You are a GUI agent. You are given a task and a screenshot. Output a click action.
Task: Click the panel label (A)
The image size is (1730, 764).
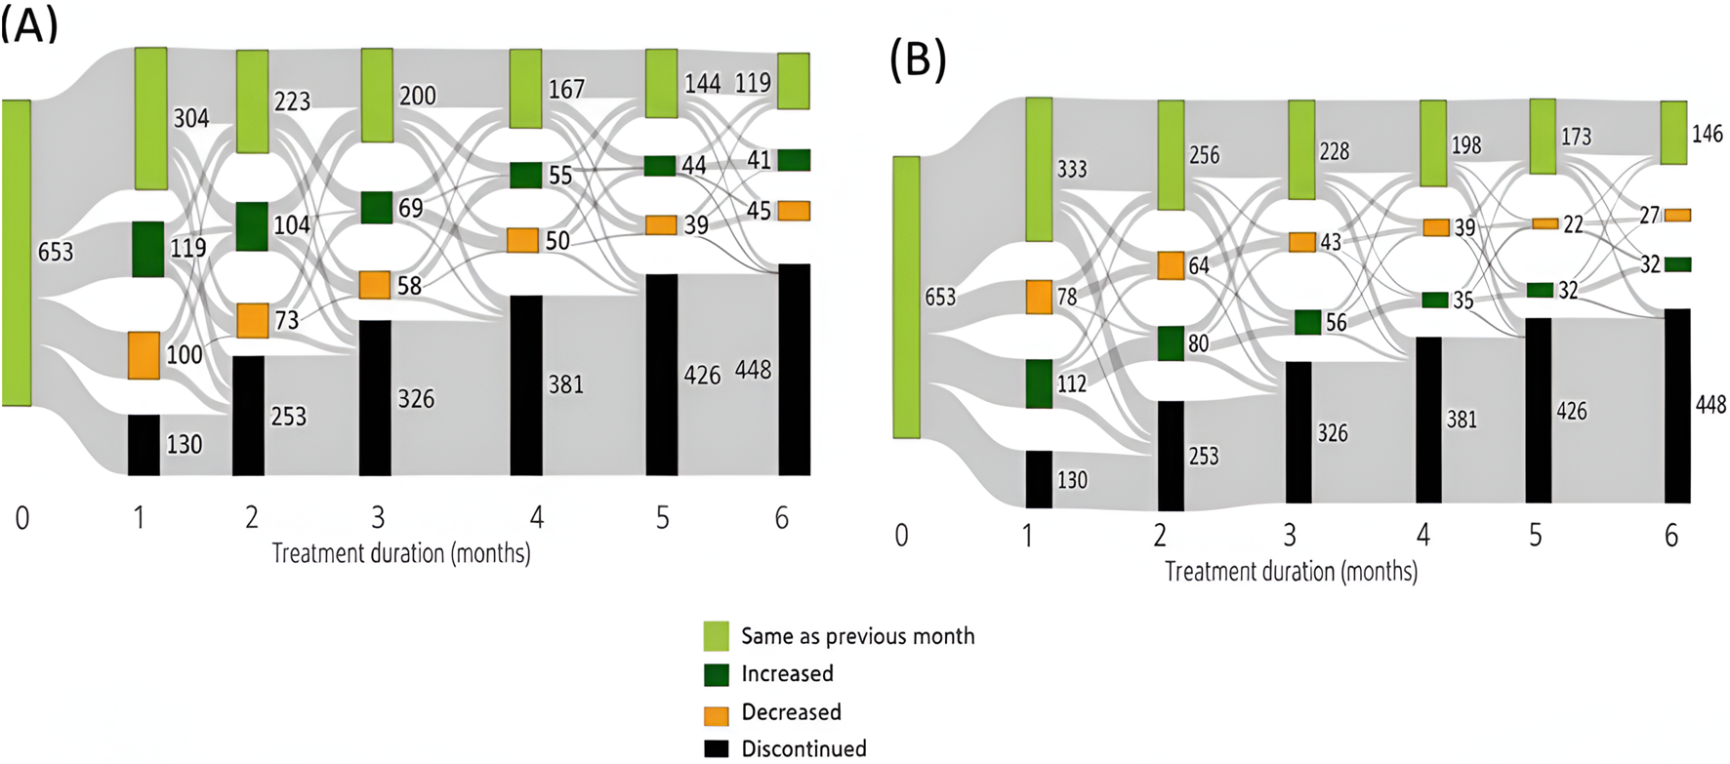29,24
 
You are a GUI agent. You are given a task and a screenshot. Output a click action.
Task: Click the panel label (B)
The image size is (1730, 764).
918,60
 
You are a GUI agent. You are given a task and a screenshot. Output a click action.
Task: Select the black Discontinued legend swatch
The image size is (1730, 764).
717,748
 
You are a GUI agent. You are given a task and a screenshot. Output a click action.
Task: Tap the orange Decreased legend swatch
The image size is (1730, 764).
717,713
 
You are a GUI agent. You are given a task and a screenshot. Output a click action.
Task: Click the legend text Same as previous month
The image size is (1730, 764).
857,636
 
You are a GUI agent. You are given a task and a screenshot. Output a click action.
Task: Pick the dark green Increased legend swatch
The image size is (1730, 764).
717,674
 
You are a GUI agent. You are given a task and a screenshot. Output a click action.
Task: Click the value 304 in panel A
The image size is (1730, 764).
191,118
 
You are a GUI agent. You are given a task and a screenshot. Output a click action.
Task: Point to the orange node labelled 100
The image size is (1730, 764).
144,355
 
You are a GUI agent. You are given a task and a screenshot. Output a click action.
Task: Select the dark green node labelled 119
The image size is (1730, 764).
148,249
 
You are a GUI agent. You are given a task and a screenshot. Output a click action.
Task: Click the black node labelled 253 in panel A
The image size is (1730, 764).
248,416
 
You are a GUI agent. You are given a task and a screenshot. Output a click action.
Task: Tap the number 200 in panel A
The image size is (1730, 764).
417,96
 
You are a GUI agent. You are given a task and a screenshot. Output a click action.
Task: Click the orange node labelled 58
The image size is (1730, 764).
375,285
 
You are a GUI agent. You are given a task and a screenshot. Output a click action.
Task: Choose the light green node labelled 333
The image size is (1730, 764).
1039,169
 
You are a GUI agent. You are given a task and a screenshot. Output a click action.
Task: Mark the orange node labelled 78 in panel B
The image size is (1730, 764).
1039,297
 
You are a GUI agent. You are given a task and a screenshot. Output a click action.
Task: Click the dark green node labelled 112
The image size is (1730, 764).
1039,383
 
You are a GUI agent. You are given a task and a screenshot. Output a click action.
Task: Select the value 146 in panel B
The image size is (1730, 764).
1707,134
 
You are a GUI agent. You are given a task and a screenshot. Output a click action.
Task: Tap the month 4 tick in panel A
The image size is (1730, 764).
536,517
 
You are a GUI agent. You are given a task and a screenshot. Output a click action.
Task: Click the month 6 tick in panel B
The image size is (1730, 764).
1671,535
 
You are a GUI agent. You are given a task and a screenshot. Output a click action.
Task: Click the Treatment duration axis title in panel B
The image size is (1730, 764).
1291,572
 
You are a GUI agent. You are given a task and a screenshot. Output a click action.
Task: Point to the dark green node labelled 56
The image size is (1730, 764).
1308,322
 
